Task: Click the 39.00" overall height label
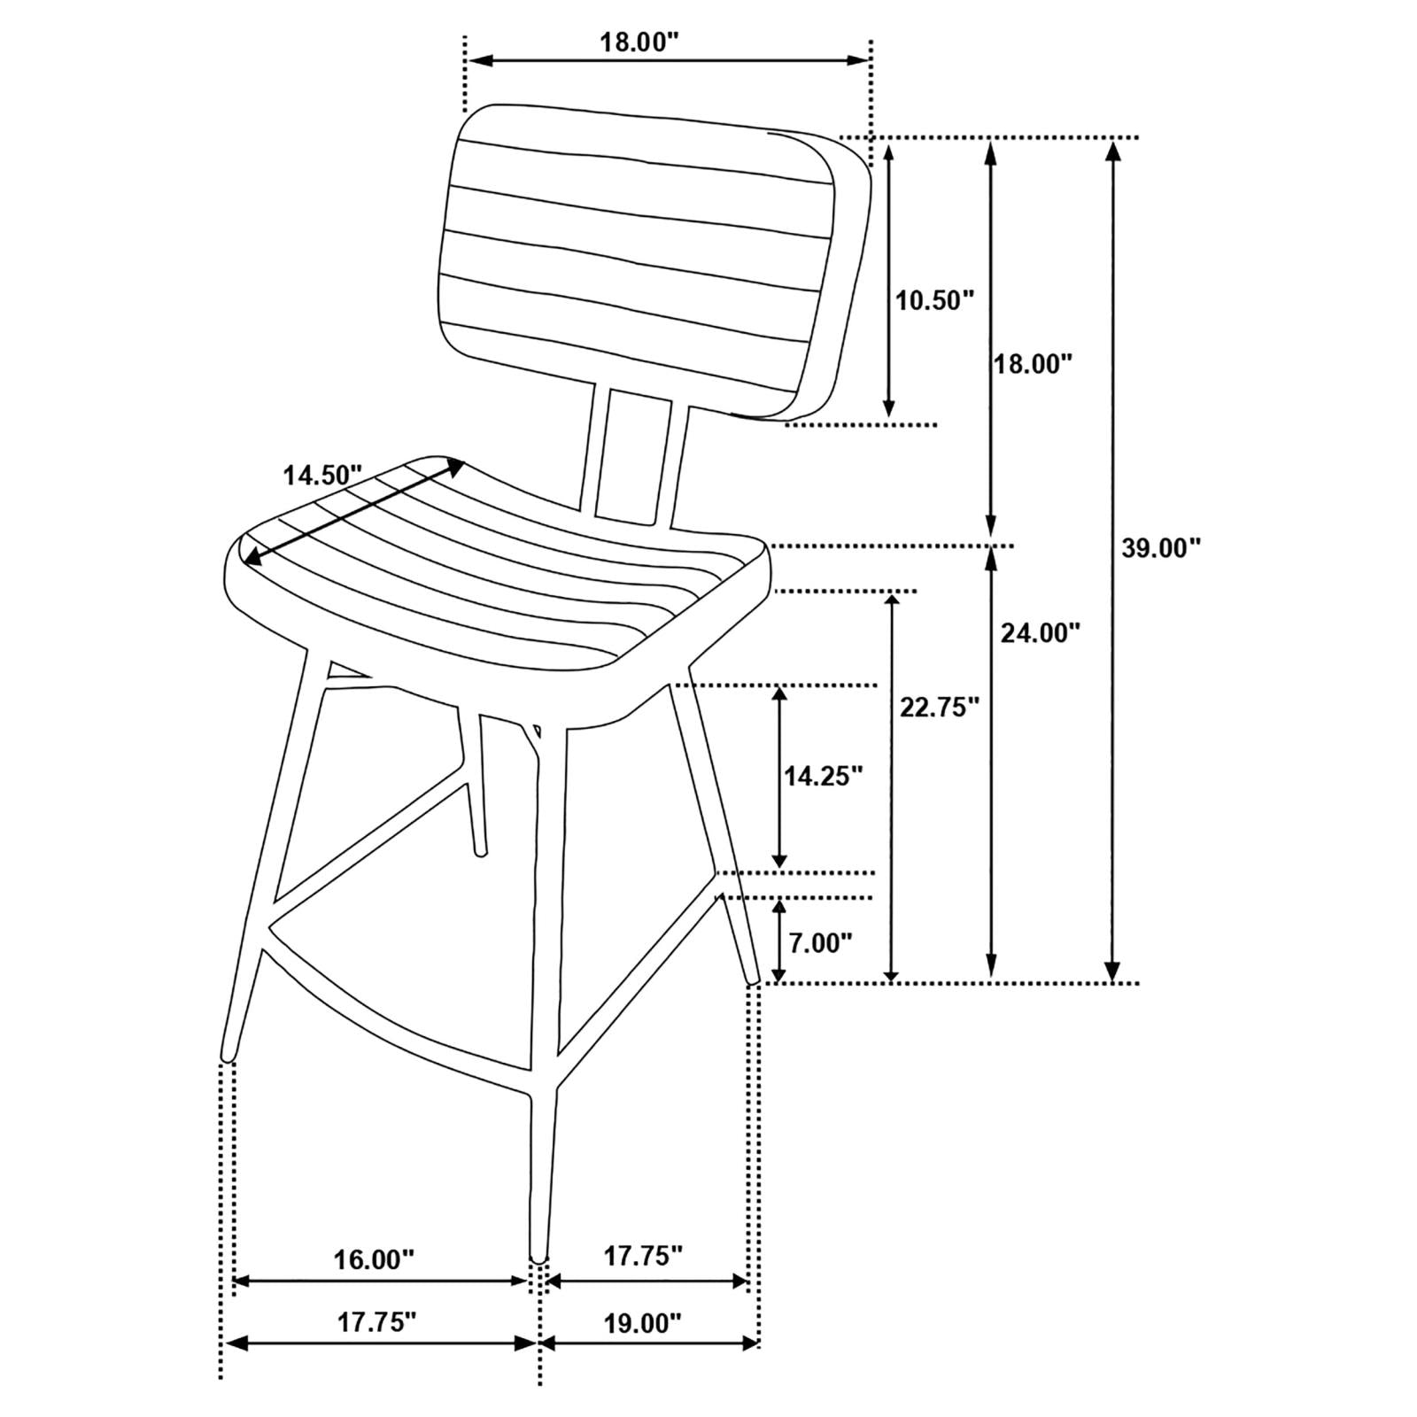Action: pyautogui.click(x=1160, y=548)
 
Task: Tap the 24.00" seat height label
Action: pyautogui.click(x=1041, y=632)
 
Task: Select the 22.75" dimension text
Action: pyautogui.click(x=939, y=706)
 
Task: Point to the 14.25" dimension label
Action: pyautogui.click(x=823, y=777)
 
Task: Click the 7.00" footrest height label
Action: pyautogui.click(x=820, y=942)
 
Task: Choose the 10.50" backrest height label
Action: pyautogui.click(x=933, y=300)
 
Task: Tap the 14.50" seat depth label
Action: pyautogui.click(x=322, y=475)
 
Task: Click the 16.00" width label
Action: pyautogui.click(x=374, y=1258)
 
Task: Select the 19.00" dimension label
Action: pyautogui.click(x=642, y=1323)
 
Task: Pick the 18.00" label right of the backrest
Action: pyautogui.click(x=1032, y=363)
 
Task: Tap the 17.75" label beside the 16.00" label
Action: pyautogui.click(x=643, y=1255)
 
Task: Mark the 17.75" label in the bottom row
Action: pyautogui.click(x=376, y=1323)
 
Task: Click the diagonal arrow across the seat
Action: pyautogui.click(x=354, y=511)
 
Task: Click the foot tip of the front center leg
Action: pyautogui.click(x=537, y=1253)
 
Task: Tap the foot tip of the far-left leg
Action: pyautogui.click(x=227, y=1054)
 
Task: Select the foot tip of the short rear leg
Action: pyautogui.click(x=482, y=852)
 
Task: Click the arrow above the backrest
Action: pyautogui.click(x=668, y=60)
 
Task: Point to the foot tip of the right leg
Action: pyautogui.click(x=754, y=978)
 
